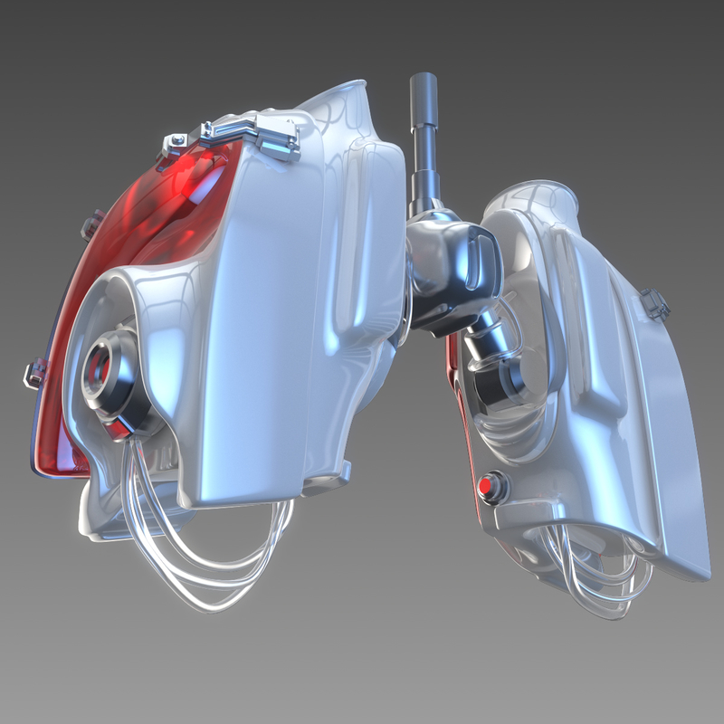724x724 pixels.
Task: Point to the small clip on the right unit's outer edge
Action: coord(656,303)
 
